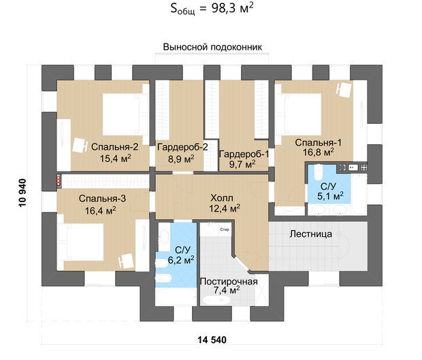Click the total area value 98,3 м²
[x=233, y=9]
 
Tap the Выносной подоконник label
[x=212, y=47]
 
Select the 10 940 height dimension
[x=22, y=193]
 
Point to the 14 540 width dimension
[x=212, y=340]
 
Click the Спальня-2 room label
[x=114, y=147]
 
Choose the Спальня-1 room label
[x=318, y=143]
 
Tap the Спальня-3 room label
[x=102, y=199]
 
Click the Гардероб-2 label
[x=182, y=147]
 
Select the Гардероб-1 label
[x=244, y=154]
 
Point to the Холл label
[x=222, y=198]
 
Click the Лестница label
[x=311, y=234]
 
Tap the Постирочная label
[x=229, y=282]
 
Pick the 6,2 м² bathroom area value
[x=181, y=260]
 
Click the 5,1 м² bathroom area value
[x=330, y=196]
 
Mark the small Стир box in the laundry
[x=225, y=229]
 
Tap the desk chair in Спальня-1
[x=344, y=90]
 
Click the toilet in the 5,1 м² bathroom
[x=319, y=172]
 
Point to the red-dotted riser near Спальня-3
[x=59, y=180]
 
